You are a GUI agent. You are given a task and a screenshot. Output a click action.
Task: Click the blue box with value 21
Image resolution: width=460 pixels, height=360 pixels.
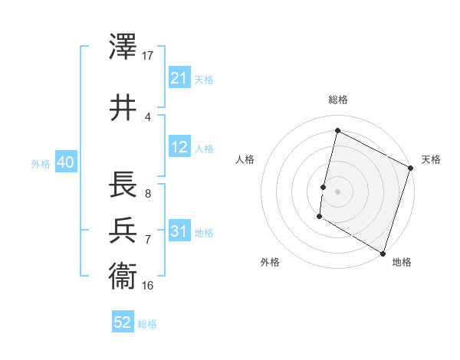pyautogui.click(x=179, y=77)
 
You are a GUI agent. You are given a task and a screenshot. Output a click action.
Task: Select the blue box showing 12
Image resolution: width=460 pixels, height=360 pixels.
pyautogui.click(x=179, y=147)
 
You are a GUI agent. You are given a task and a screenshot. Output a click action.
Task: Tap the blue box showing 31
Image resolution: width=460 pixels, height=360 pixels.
pyautogui.click(x=179, y=231)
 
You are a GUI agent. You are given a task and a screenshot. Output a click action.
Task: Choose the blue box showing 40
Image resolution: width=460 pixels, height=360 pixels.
pyautogui.click(x=65, y=162)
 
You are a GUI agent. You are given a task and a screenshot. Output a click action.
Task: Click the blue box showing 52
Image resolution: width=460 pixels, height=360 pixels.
pyautogui.click(x=123, y=323)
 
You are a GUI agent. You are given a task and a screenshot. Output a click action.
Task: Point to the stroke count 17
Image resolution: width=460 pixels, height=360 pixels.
pyautogui.click(x=148, y=56)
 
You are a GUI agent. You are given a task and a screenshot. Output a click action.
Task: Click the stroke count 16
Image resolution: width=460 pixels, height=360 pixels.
pyautogui.click(x=148, y=285)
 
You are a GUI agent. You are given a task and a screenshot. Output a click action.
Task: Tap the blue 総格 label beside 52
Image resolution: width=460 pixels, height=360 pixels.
pyautogui.click(x=148, y=324)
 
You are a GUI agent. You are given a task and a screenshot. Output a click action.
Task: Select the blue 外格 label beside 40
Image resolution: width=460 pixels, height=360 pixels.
pyautogui.click(x=41, y=163)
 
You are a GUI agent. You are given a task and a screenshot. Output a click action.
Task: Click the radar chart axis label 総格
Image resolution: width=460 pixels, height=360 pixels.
pyautogui.click(x=337, y=100)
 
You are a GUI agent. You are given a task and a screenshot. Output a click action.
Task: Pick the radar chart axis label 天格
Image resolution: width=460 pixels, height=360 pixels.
pyautogui.click(x=431, y=159)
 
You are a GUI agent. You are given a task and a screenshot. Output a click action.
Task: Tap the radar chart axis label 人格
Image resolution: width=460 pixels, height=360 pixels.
pyautogui.click(x=245, y=159)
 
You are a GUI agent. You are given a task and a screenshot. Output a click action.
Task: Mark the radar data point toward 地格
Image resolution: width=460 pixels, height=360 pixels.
pyautogui.click(x=383, y=253)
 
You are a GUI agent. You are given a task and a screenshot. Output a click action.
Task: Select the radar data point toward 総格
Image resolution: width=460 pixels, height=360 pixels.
pyautogui.click(x=337, y=131)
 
